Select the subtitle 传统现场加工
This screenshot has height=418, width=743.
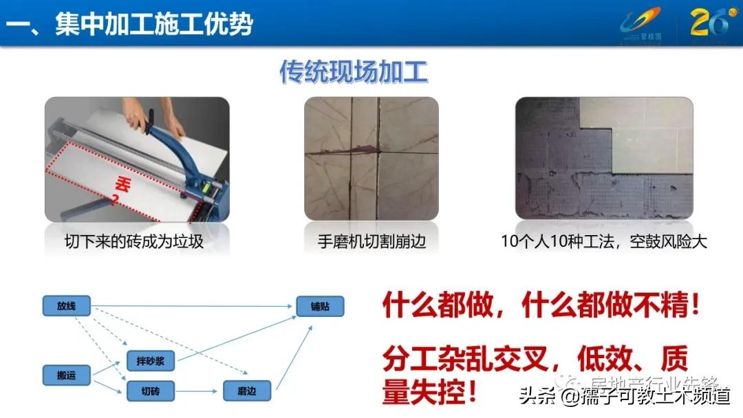click(x=354, y=71)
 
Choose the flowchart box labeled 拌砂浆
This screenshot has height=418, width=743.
click(x=151, y=360)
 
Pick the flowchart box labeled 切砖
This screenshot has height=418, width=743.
click(x=151, y=391)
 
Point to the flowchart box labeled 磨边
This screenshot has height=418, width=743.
click(x=248, y=391)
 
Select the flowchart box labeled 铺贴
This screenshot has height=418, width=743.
click(x=320, y=307)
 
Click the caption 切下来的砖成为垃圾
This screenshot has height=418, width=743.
click(x=134, y=242)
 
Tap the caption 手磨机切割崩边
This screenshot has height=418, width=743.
click(x=371, y=242)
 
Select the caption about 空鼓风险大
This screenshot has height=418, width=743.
click(x=604, y=242)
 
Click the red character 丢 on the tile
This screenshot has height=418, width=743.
click(x=122, y=184)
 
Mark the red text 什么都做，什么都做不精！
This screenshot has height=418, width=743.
click(x=541, y=305)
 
